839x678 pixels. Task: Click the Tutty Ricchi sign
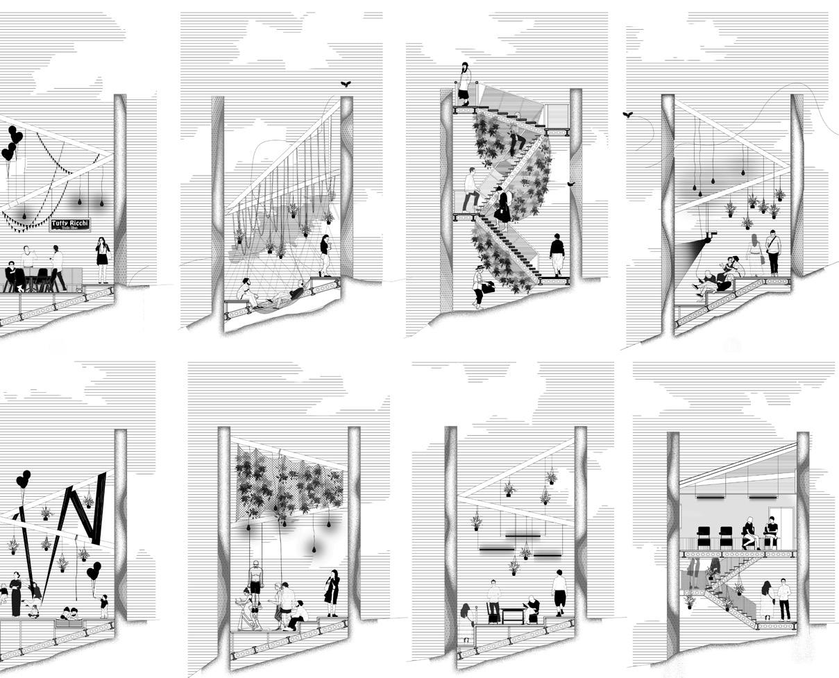pos(70,224)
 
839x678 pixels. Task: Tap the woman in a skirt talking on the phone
pos(103,259)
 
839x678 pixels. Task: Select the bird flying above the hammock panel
pos(346,84)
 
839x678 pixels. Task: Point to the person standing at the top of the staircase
pos(464,83)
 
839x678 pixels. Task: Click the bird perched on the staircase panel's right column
pos(571,184)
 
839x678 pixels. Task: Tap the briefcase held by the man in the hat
pos(489,286)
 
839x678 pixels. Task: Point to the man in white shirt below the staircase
pos(783,599)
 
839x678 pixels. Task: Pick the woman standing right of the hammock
pos(324,254)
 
